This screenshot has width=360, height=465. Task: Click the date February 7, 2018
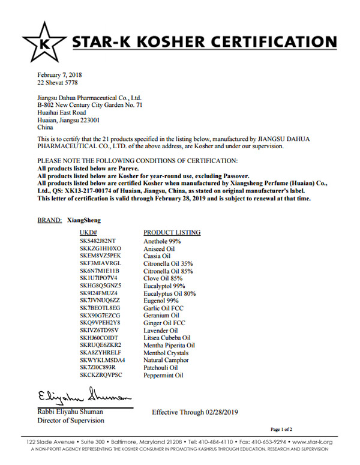[60, 75]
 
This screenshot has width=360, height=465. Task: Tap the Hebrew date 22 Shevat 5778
[58, 82]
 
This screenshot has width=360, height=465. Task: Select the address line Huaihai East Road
[61, 112]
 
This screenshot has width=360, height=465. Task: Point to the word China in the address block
[46, 128]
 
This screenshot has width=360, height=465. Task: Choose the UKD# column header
[89, 232]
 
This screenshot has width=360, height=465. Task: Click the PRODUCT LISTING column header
[172, 232]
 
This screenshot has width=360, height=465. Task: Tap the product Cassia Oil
[157, 256]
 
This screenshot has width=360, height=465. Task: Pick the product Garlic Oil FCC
[164, 308]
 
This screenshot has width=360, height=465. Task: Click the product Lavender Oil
[161, 331]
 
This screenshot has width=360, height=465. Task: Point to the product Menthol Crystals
[166, 353]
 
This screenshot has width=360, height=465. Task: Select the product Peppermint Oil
[163, 376]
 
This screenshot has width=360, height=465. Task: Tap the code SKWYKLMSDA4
[102, 361]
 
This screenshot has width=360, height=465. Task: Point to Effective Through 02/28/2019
[196, 412]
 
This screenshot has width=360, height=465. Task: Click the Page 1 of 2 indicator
[281, 430]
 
